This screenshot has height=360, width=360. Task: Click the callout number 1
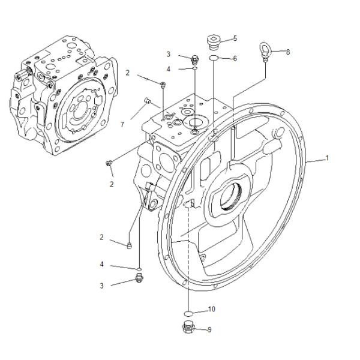[327, 158]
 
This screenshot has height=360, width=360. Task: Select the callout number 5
[235, 38]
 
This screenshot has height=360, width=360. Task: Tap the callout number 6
[235, 59]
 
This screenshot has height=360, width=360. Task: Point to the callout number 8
[287, 52]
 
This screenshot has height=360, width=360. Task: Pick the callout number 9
[209, 329]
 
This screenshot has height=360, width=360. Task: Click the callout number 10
[211, 310]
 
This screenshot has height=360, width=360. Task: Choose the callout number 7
[122, 124]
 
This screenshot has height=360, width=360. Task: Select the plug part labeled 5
[213, 41]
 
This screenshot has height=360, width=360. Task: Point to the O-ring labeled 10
[188, 313]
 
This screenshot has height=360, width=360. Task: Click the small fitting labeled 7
[147, 100]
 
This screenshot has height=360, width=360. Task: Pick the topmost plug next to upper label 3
[194, 59]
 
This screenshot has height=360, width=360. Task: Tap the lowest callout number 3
[101, 286]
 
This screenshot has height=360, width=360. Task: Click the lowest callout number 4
[102, 265]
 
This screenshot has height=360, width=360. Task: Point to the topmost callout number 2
[127, 73]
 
